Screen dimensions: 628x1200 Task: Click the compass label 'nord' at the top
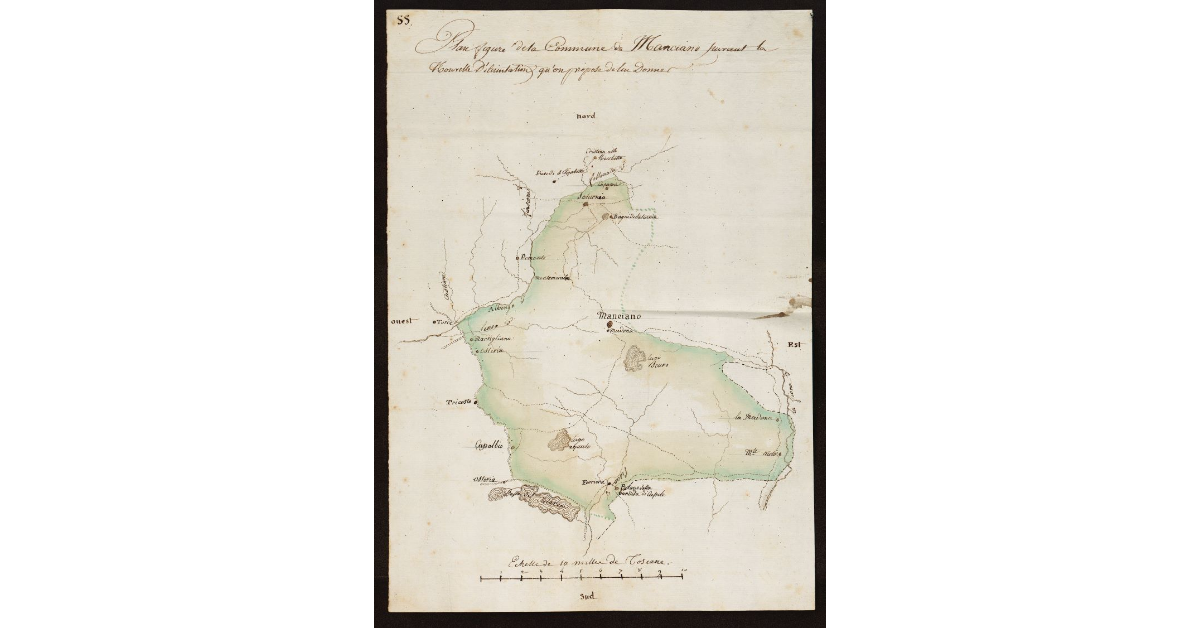[x=585, y=118]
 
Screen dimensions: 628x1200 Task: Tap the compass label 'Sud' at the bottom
[x=588, y=597]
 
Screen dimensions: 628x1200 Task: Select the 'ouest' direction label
[x=402, y=322]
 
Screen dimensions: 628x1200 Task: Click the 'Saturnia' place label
[x=592, y=196]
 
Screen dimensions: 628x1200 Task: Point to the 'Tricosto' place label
[x=459, y=402]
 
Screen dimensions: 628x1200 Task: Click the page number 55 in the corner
[x=404, y=19]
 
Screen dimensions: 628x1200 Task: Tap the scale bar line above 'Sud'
[x=581, y=577]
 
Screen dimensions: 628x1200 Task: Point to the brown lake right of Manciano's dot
[x=635, y=358]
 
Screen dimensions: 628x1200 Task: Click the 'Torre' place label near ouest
[x=443, y=322]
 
